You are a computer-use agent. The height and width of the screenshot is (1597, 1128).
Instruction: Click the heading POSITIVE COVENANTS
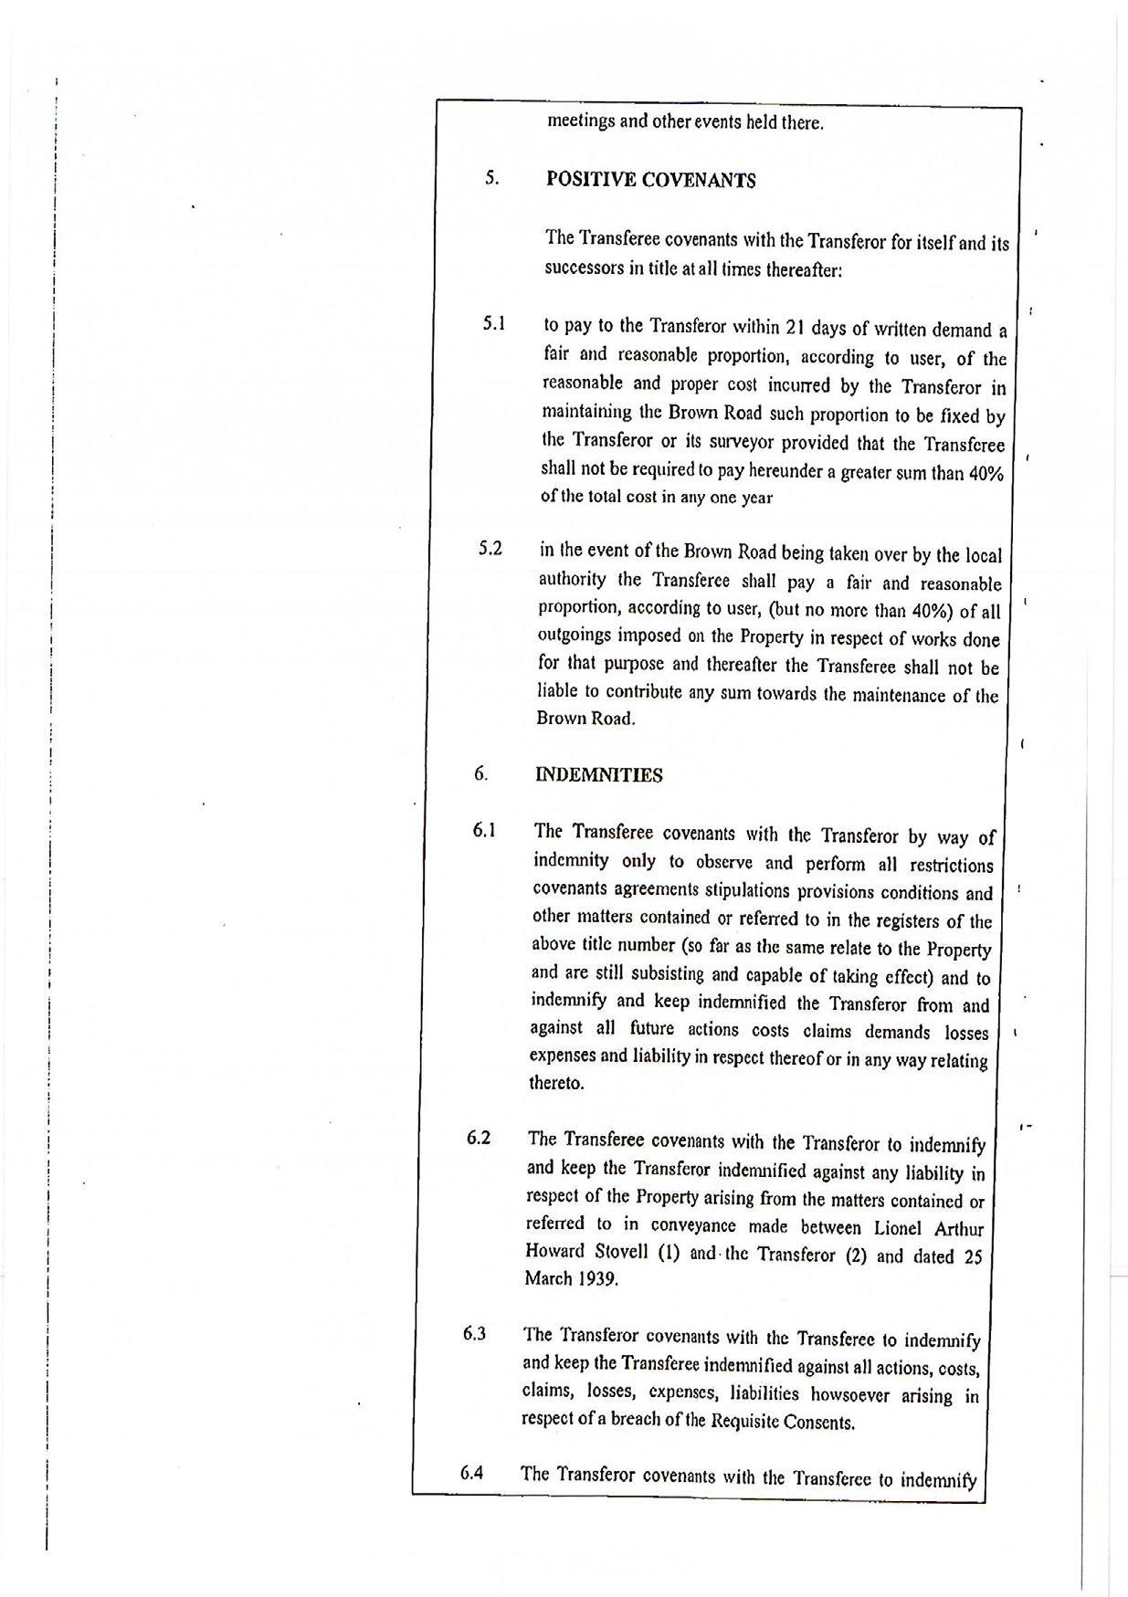(x=650, y=180)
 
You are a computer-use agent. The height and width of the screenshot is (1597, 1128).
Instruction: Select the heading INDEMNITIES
(x=598, y=775)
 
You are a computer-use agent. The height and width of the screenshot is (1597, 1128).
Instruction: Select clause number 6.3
(x=474, y=1334)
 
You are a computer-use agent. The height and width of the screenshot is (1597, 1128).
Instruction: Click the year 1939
(x=597, y=1279)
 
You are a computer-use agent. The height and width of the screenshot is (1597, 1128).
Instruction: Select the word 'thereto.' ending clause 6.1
(x=556, y=1084)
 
